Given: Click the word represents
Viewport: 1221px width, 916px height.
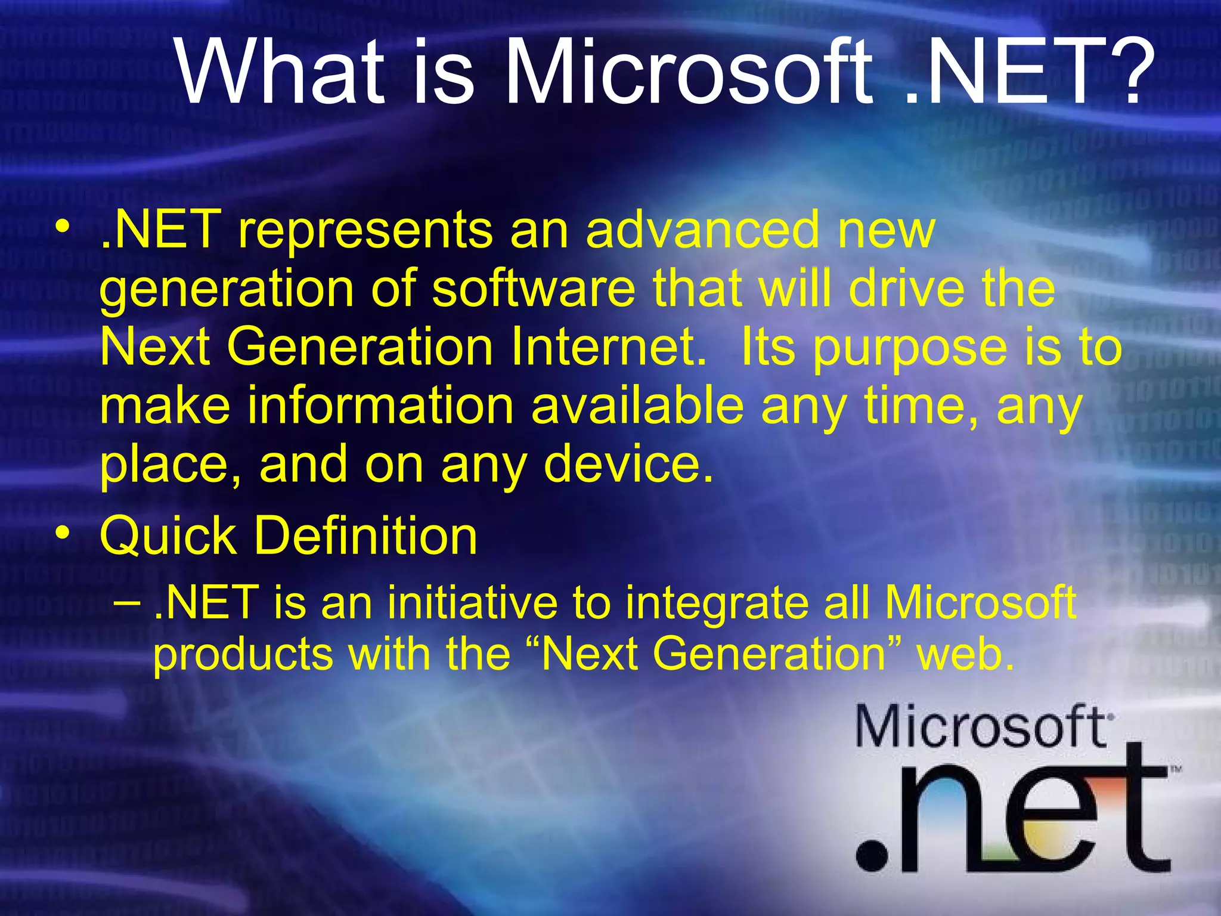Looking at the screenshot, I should [365, 231].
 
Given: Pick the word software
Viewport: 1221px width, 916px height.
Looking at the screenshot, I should [534, 289].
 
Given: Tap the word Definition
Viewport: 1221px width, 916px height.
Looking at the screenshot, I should [366, 536].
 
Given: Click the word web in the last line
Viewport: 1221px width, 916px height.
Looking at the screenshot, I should [965, 655].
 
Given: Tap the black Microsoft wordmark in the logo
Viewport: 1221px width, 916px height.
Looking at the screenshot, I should [981, 726].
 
